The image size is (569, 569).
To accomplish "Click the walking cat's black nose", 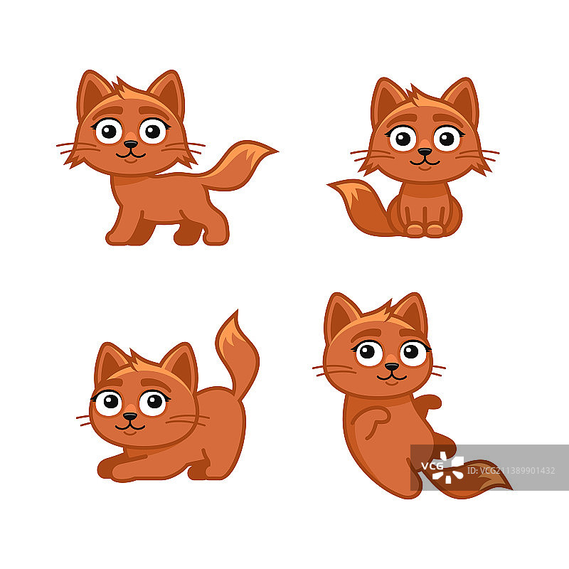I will [130, 144].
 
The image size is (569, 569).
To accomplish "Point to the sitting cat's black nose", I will [425, 151].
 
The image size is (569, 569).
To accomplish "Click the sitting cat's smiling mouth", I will [425, 161].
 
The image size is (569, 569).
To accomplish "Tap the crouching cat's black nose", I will [129, 417].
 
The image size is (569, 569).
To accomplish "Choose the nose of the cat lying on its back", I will [391, 367].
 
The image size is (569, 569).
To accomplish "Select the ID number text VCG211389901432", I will [511, 470].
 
